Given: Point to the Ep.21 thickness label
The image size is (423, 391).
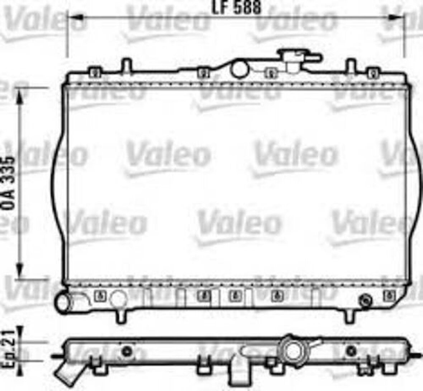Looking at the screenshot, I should (x=8, y=348).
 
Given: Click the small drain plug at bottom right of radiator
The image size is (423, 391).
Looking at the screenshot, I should (x=365, y=300).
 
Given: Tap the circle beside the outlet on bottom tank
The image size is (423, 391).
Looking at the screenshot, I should (x=118, y=297).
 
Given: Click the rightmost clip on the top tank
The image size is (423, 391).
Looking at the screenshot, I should (x=373, y=73).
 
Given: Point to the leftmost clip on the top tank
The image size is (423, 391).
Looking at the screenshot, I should (x=94, y=73).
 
